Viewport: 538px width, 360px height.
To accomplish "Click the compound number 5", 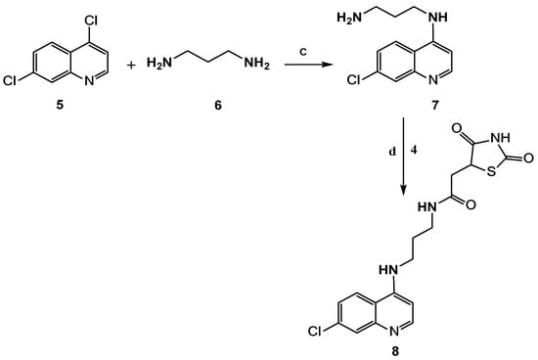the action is click(60, 105).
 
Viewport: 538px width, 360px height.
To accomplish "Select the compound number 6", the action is click(218, 105).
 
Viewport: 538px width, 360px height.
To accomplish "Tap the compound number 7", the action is click(435, 105).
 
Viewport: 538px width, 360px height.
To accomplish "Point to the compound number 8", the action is click(395, 351).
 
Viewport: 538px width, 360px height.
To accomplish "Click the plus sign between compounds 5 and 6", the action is click(131, 65).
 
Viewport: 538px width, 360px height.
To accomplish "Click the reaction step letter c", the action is click(303, 52).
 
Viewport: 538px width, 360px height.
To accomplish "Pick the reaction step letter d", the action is click(392, 152).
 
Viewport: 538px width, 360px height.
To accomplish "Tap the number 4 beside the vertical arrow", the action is click(414, 150).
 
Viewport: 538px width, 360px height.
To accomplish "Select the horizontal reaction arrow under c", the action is click(309, 65).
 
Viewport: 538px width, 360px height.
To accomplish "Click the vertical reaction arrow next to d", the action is click(403, 157).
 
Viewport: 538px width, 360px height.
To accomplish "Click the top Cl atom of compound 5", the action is click(91, 22).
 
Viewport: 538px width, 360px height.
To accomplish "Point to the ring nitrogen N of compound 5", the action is click(89, 81).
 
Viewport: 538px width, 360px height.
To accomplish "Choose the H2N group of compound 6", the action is click(159, 64).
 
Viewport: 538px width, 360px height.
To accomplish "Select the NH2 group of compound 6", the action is click(256, 64).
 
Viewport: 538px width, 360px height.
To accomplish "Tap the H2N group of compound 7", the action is click(349, 17).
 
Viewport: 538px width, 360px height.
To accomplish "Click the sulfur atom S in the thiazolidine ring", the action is click(492, 171).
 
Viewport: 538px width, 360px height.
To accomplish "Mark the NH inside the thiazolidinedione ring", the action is click(500, 138).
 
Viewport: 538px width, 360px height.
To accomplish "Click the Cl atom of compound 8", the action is click(315, 332).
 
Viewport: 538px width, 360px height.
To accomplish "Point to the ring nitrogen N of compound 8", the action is click(394, 332).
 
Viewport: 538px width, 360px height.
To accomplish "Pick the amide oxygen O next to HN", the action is click(471, 204).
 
